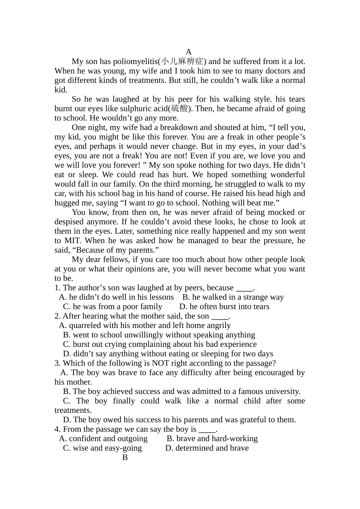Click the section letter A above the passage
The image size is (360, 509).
(189, 52)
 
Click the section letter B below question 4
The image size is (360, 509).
(125, 457)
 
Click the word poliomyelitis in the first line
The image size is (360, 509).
(135, 61)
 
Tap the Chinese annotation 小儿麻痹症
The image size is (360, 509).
(182, 61)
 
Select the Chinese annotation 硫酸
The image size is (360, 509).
(179, 109)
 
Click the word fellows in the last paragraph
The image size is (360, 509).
(116, 259)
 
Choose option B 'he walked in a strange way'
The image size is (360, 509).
(233, 297)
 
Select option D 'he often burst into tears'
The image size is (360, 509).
(224, 307)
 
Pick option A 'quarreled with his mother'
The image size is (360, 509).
(145, 326)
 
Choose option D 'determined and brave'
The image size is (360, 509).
(207, 448)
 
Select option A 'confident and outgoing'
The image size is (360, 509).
(103, 439)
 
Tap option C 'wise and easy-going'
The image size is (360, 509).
(102, 448)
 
